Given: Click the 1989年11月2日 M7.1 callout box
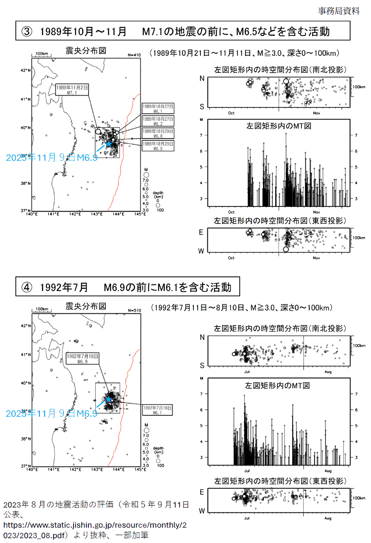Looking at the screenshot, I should point(72,90).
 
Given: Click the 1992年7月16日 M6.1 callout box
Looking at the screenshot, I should point(158,410).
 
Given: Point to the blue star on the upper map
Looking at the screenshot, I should point(108,143).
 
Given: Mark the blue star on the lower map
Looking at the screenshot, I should point(108,399).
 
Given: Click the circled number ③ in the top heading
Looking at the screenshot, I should point(27,32).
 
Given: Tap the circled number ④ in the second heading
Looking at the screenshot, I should point(27,287).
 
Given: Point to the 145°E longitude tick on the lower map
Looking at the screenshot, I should point(140,469).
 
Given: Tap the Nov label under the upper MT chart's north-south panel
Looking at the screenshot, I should point(316,113).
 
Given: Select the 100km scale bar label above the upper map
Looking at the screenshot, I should point(42,53).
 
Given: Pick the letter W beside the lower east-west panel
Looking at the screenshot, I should point(202,511).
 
